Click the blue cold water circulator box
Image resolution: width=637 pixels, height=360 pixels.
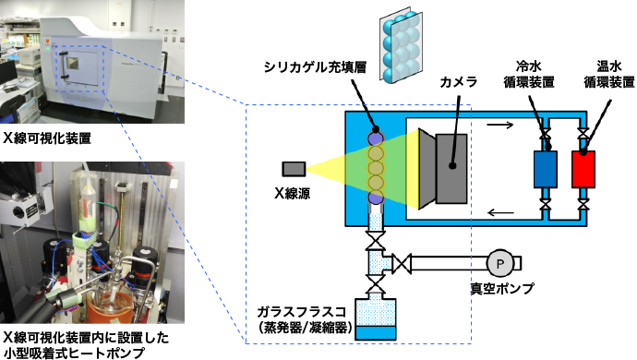[x=546, y=169]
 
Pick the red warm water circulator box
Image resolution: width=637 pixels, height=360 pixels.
[x=584, y=169]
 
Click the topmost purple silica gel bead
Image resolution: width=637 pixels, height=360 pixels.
[x=376, y=138]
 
